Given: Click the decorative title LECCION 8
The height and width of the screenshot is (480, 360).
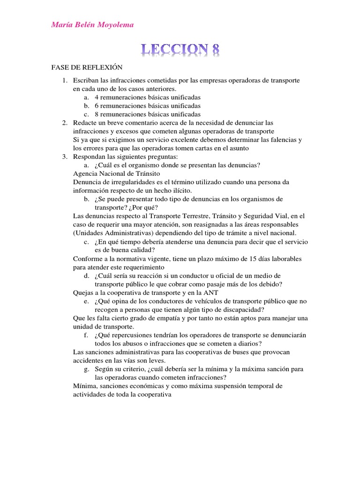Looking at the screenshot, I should point(180,50).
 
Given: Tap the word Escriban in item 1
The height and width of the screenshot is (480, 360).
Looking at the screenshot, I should point(84,81).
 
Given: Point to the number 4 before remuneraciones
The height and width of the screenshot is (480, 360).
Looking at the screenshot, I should point(97,97).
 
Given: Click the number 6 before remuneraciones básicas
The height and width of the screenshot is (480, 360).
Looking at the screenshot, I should point(97,106).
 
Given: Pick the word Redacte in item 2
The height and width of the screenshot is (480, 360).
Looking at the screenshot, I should point(84,123).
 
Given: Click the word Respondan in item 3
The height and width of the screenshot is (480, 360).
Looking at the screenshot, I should point(89,157).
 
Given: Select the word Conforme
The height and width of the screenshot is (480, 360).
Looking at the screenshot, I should point(88,258).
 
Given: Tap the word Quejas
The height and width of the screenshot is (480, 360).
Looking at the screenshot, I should point(83,292).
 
